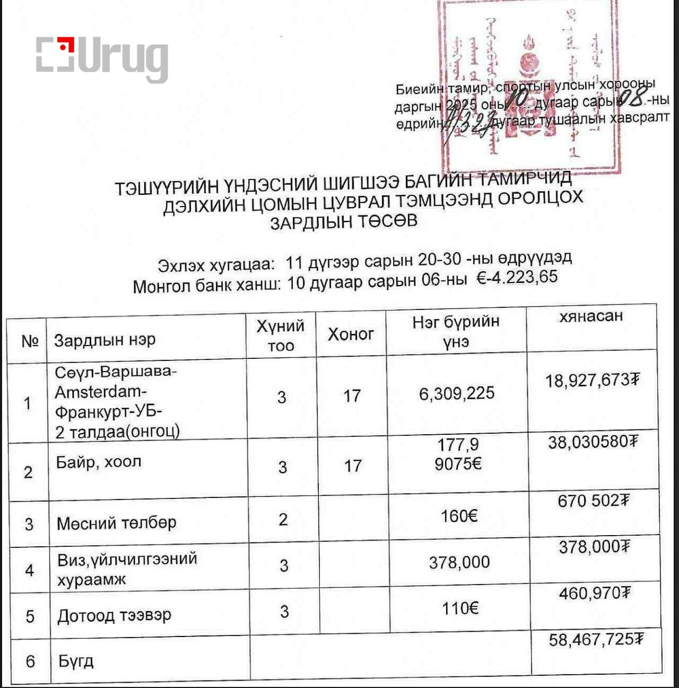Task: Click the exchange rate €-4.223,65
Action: tap(517, 278)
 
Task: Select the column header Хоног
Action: tap(351, 334)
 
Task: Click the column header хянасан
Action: tap(591, 316)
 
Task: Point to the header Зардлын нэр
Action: tap(105, 340)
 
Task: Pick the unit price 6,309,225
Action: tap(457, 393)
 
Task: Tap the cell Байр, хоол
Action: tap(99, 462)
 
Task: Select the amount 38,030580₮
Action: tap(593, 442)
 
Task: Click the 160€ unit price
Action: tap(459, 515)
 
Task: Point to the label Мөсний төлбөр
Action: tap(117, 523)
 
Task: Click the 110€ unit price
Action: tap(460, 608)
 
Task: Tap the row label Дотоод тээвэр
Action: tap(115, 616)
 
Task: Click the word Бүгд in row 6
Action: tap(76, 661)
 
